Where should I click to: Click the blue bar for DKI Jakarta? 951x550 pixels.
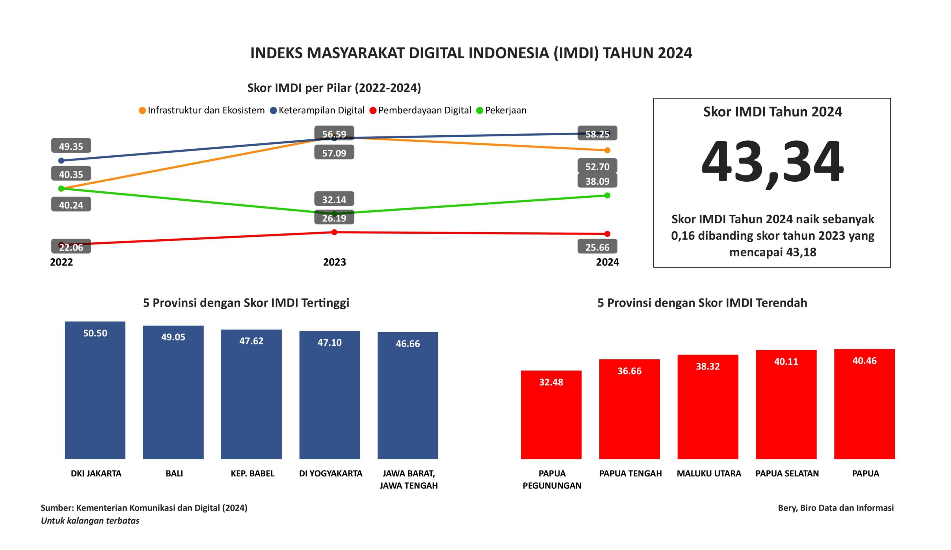(95, 392)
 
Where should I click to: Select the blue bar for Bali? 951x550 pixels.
(173, 394)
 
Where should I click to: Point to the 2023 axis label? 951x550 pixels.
(334, 262)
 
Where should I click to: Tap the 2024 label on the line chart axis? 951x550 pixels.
(607, 262)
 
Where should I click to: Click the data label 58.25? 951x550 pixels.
(597, 134)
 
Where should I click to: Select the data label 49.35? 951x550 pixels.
(71, 146)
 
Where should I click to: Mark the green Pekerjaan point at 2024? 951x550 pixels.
(607, 195)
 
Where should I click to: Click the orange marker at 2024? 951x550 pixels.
(607, 150)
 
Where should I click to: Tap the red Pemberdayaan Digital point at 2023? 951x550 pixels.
(334, 232)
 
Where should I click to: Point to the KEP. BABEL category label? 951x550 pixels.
(253, 473)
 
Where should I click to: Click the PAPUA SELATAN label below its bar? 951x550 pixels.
(787, 473)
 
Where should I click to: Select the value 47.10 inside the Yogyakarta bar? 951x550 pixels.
(330, 342)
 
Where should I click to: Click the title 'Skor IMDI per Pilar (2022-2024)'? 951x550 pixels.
(334, 88)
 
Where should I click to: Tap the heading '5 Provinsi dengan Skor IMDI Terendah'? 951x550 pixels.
(702, 302)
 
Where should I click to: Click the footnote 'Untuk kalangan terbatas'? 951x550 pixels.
(90, 521)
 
